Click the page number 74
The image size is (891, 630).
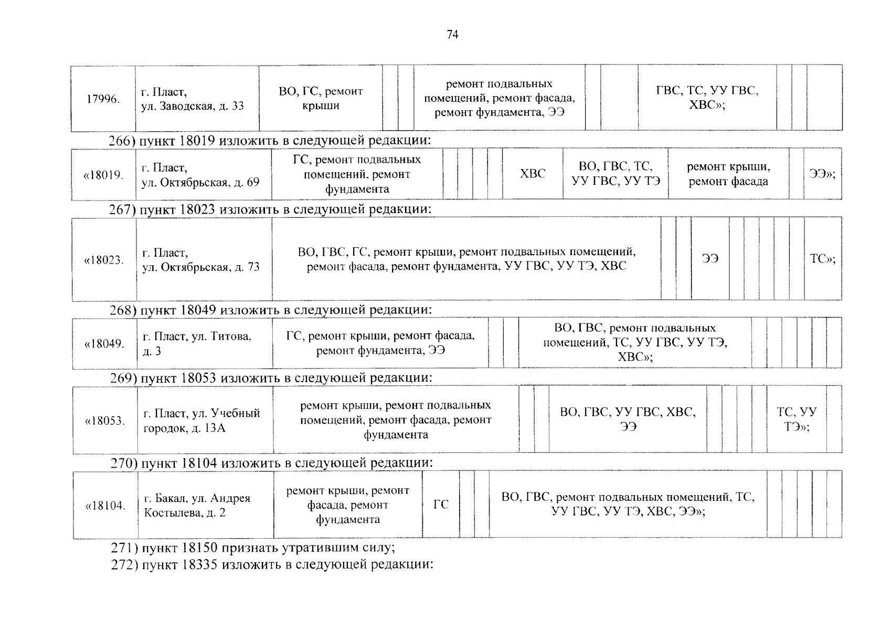pyautogui.click(x=452, y=35)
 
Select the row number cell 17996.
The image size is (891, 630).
pyautogui.click(x=103, y=99)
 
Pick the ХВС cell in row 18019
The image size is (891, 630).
pyautogui.click(x=533, y=174)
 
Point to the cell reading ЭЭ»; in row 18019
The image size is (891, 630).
pyautogui.click(x=822, y=174)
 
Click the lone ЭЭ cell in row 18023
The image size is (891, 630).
pyautogui.click(x=710, y=259)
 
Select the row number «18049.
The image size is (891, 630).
pyautogui.click(x=104, y=344)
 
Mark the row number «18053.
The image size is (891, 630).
pyautogui.click(x=105, y=421)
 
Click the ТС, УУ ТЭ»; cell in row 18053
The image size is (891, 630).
pyautogui.click(x=797, y=419)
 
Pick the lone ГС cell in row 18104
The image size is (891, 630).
pyautogui.click(x=441, y=505)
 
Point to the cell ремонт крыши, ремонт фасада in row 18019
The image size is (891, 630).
pyautogui.click(x=728, y=174)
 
